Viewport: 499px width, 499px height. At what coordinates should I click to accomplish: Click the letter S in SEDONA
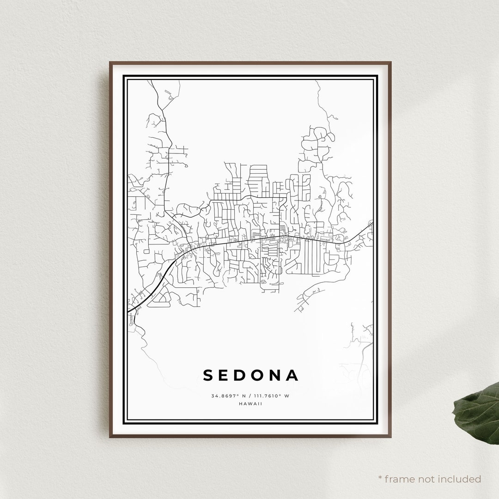click(x=209, y=375)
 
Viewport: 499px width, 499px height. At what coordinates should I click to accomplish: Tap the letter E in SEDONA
click(x=226, y=375)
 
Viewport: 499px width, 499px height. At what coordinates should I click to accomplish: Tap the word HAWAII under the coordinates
click(x=250, y=403)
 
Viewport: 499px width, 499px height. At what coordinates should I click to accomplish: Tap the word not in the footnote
click(x=427, y=479)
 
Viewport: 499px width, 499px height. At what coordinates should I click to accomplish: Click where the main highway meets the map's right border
click(x=372, y=223)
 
